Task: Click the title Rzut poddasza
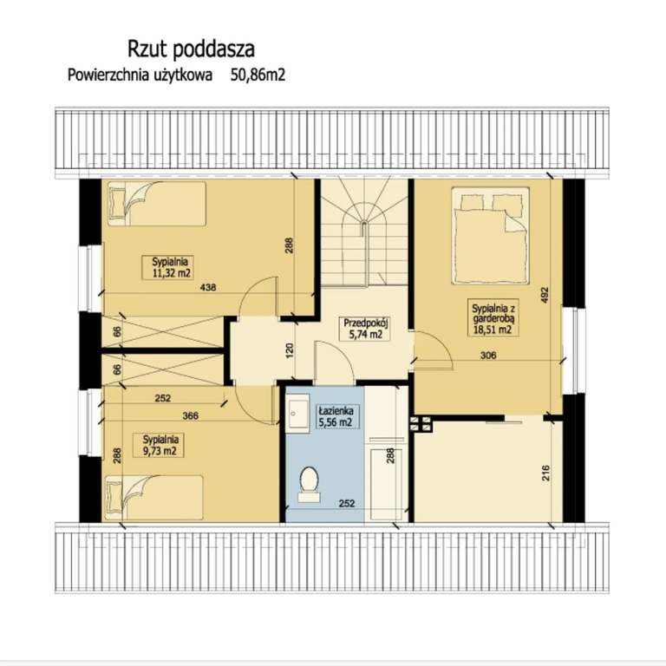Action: pos(191,49)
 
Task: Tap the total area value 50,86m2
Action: pos(258,75)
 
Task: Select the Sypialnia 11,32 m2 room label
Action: pos(169,268)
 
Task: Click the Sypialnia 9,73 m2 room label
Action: pos(160,445)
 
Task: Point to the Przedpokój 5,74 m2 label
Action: pos(366,329)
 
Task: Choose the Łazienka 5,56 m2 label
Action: pos(336,416)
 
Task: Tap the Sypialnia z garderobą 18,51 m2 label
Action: pos(493,318)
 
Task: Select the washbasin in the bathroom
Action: pos(297,413)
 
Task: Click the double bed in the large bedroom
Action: pos(491,235)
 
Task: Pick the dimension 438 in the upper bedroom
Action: pos(208,288)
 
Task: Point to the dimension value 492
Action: pos(545,295)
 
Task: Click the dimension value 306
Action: pos(488,355)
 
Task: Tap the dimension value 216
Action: pos(546,473)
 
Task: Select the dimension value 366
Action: pos(190,416)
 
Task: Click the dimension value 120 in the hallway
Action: pos(291,350)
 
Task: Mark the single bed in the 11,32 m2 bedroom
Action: pos(156,204)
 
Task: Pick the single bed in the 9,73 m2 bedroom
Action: pos(153,498)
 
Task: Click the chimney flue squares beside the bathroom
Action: pos(421,423)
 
